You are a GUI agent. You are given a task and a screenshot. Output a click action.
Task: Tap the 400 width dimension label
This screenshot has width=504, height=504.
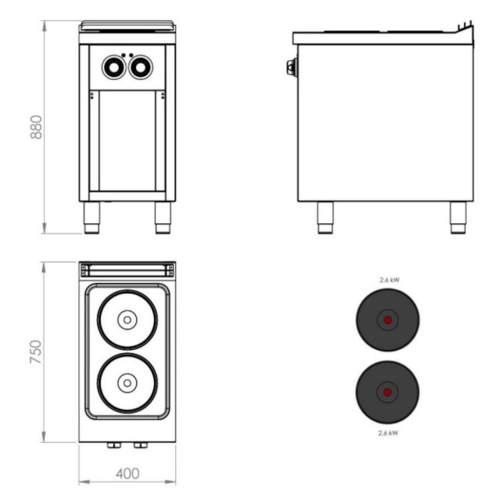(127, 473)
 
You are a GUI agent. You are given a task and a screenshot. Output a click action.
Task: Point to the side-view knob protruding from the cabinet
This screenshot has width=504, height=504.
(291, 66)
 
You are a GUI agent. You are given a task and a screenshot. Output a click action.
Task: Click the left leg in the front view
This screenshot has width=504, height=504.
(92, 217)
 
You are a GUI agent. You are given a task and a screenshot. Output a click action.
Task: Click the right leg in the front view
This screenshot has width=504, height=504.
(163, 217)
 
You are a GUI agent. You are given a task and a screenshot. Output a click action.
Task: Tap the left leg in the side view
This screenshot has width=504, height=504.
(325, 217)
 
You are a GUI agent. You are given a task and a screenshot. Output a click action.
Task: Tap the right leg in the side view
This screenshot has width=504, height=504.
(458, 217)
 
